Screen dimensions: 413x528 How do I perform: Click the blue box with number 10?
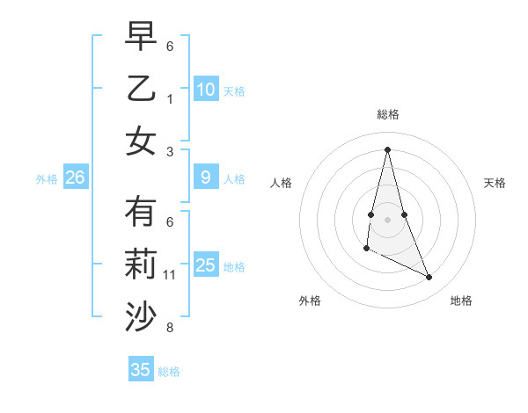(x=206, y=90)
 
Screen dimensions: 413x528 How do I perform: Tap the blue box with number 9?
(x=206, y=178)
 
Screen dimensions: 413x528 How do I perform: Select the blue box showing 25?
(x=206, y=265)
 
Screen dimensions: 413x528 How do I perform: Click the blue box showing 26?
(x=75, y=178)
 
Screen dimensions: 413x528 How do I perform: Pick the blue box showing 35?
(x=141, y=370)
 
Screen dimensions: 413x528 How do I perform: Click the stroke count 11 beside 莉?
(x=170, y=275)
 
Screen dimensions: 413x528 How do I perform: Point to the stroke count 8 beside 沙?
(x=170, y=328)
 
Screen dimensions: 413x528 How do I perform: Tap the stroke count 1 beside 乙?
(x=170, y=99)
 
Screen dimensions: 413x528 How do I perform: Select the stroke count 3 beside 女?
(x=170, y=152)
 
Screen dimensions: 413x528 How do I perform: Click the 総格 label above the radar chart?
(x=387, y=115)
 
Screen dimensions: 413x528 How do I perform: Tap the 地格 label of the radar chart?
(x=461, y=301)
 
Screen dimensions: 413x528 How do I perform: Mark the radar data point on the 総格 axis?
(x=387, y=149)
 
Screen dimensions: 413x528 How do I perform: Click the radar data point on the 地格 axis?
(x=429, y=278)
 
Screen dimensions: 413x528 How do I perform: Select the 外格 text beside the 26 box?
(x=47, y=179)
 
